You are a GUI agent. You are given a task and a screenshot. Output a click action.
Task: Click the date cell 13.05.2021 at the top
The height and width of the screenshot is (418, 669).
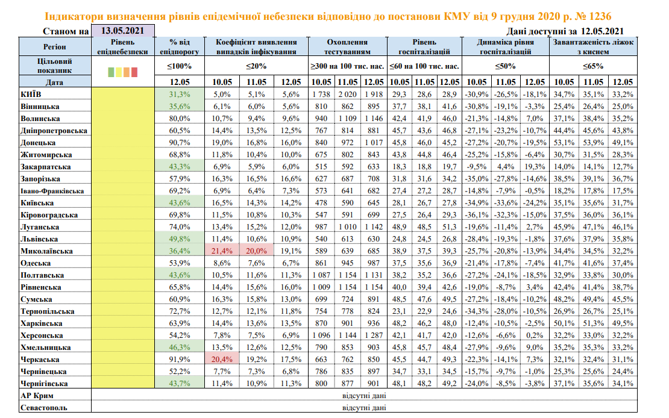point(122,31)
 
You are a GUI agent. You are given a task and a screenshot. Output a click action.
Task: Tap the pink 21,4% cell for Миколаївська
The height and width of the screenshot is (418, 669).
point(222,251)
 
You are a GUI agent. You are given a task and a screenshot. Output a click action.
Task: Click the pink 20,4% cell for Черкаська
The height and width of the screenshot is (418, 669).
point(222,359)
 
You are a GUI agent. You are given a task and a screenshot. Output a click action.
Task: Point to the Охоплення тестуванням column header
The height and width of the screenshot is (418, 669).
point(347,47)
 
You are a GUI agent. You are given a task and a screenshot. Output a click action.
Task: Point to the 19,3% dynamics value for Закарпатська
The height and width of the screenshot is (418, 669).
point(532,166)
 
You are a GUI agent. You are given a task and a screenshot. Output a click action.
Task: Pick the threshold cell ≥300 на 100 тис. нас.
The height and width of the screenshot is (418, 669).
point(347,66)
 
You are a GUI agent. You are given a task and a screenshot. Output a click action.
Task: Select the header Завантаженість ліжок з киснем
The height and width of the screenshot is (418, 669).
point(594,47)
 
